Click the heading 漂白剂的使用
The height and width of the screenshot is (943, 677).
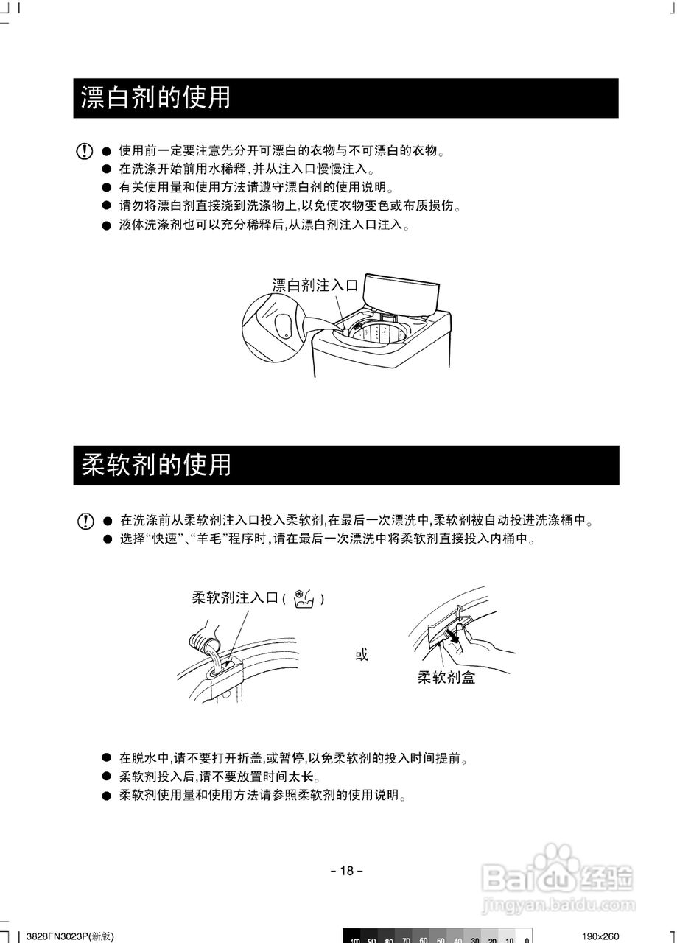coord(155,98)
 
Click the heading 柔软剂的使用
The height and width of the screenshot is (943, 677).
coord(155,465)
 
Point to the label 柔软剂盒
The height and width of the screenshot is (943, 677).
coord(446,678)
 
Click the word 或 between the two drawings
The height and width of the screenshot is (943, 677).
coord(362,654)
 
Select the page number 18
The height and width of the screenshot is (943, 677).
coord(346,871)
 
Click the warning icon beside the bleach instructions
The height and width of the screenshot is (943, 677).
coord(85,152)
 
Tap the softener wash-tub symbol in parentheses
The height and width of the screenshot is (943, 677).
coord(304,599)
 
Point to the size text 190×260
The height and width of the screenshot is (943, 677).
coord(600,936)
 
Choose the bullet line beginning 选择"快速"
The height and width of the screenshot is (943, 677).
coord(327,539)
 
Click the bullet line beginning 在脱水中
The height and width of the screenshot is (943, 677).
coord(294,758)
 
